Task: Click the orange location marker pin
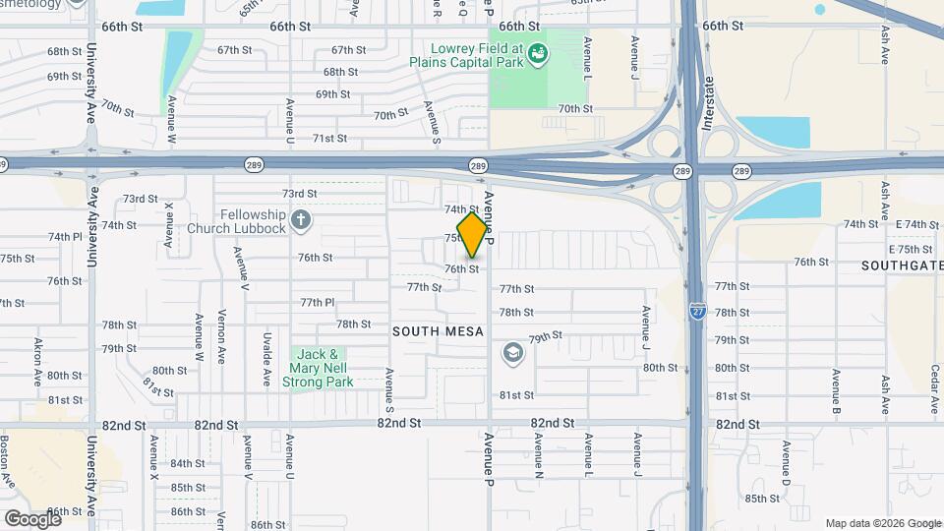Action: [x=473, y=235]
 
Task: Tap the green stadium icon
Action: [x=538, y=53]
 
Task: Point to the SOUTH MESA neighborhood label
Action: [x=439, y=331]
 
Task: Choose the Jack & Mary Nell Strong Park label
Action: [x=319, y=368]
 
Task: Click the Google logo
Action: [x=31, y=518]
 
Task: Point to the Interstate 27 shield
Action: [x=696, y=310]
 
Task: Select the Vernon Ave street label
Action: [x=221, y=339]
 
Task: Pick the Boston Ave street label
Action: [x=6, y=461]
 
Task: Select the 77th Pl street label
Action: [x=318, y=302]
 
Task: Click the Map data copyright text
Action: [x=882, y=523]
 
